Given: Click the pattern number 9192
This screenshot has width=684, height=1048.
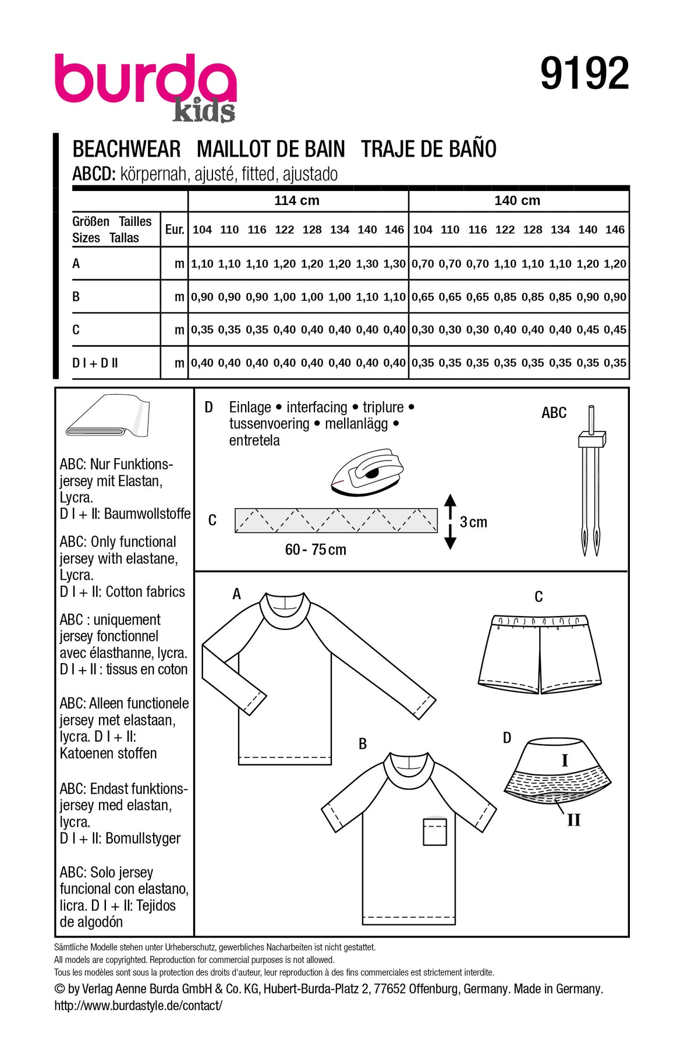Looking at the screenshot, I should pos(584,74).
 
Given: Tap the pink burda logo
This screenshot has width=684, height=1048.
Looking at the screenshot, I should pos(146,82).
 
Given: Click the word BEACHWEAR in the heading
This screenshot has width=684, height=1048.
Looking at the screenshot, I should pos(126,149).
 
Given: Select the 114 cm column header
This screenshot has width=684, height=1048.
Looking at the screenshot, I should pos(297,201).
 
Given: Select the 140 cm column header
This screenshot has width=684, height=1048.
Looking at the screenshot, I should pos(517,201).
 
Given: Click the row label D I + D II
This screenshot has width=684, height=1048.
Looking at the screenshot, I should pos(95,363).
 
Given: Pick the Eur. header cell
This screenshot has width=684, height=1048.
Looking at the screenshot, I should pos(174,229).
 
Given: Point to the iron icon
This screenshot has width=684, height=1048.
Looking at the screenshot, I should pos(367,473).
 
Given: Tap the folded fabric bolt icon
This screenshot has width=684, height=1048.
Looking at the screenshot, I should pos(108,416).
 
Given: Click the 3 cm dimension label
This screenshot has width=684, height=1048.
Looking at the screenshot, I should pos(473,522).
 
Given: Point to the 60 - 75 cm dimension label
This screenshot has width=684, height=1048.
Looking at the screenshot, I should pos(316,550).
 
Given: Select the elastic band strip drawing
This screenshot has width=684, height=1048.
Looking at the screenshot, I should pos(336,521).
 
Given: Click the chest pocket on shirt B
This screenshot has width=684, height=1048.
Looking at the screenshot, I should pos(435,831).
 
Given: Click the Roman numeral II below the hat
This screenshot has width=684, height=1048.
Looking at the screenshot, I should pos(574,820).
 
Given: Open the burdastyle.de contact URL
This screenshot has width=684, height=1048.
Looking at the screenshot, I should pos(138,1005).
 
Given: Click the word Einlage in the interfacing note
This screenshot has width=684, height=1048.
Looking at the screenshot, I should pos(250,408).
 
